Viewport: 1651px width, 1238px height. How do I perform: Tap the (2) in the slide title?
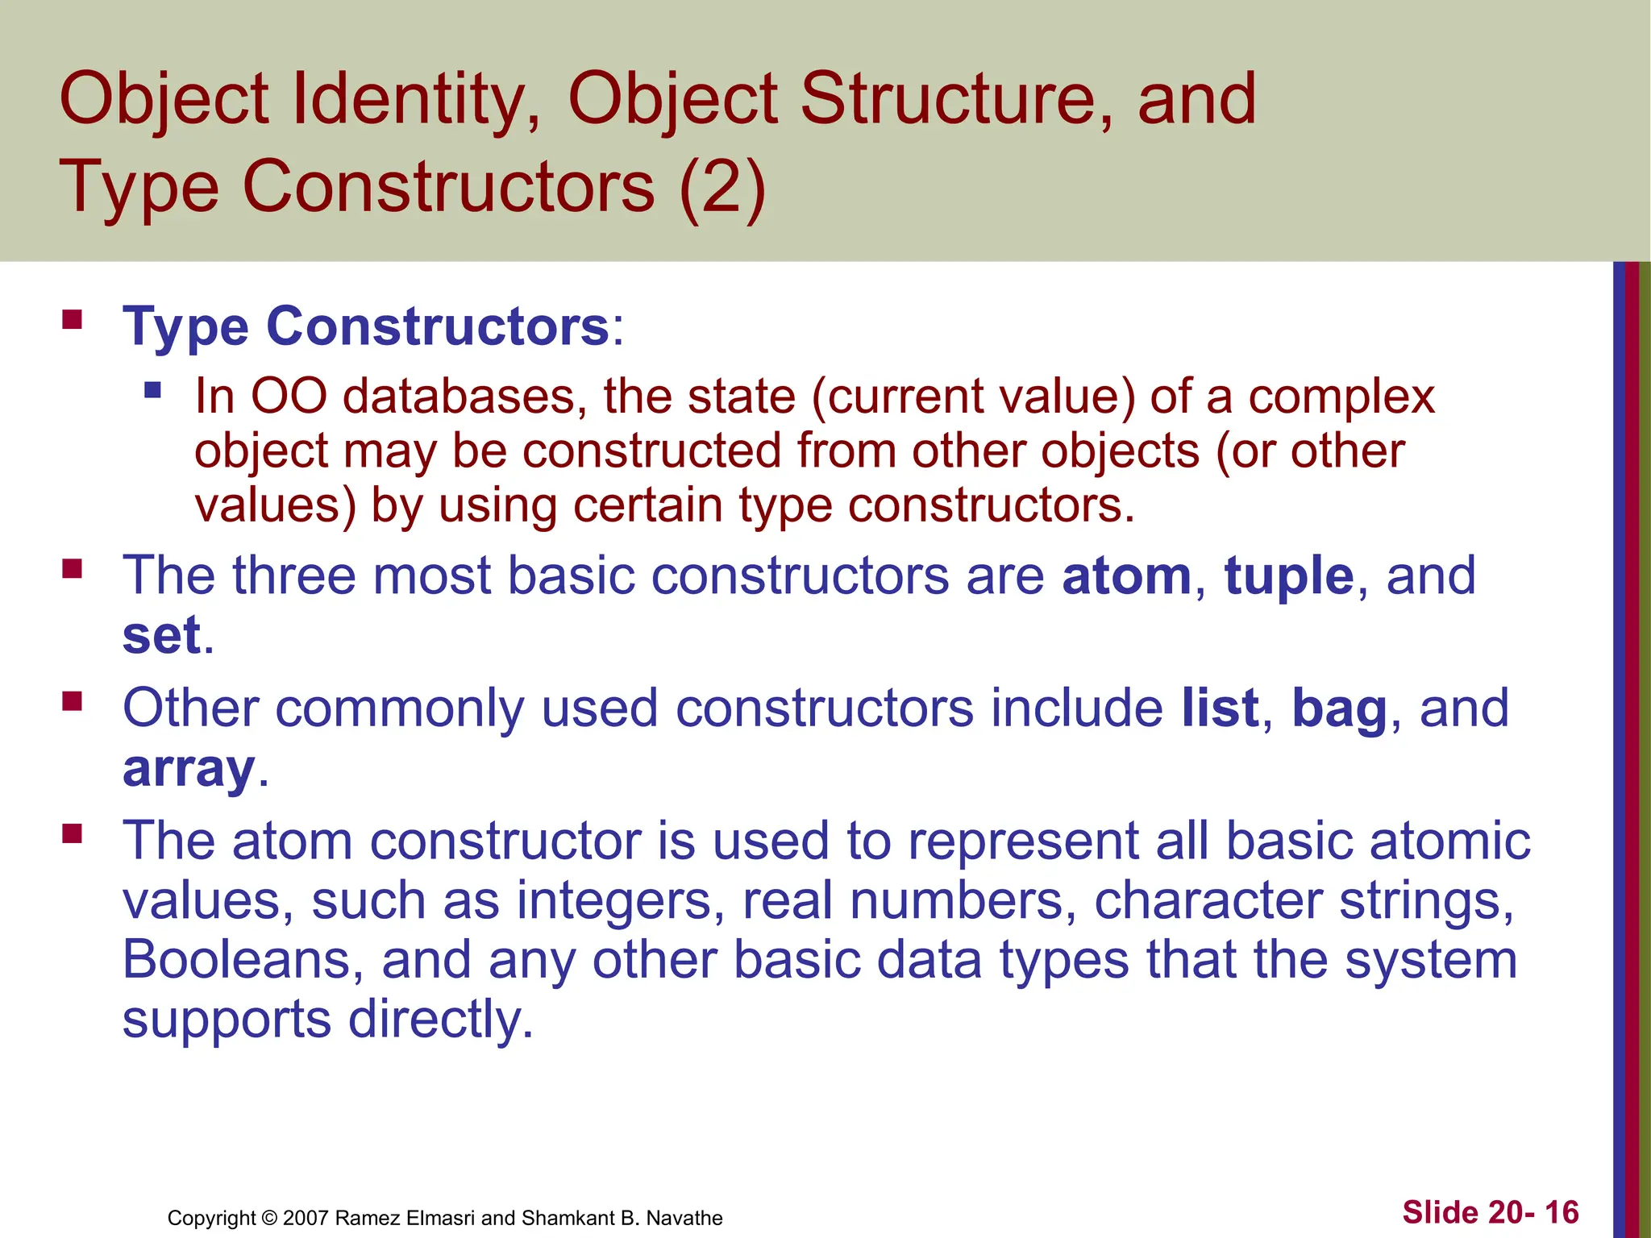click(722, 187)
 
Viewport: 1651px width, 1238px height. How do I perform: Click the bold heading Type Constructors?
click(366, 327)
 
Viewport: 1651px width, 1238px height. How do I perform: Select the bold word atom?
click(1126, 576)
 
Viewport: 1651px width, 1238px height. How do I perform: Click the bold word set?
click(161, 636)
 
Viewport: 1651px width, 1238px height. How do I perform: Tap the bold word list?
click(1220, 708)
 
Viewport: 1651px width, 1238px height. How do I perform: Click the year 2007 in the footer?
click(306, 1218)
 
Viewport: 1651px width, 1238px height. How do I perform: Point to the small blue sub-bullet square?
click(152, 392)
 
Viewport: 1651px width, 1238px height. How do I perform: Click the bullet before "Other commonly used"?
click(73, 701)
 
